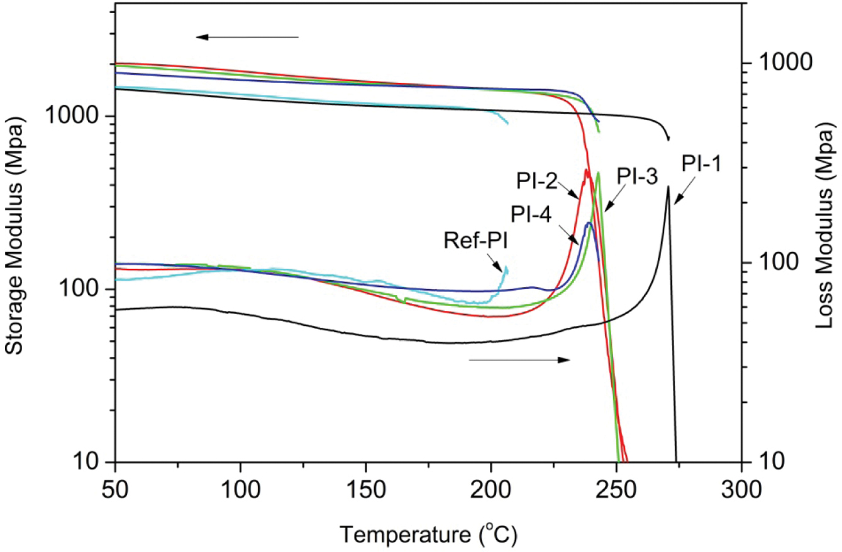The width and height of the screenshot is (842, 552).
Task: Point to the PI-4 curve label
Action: pos(531,215)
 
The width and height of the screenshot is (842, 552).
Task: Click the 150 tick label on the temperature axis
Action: pos(365,489)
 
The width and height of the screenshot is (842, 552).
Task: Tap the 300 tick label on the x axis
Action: pos(742,489)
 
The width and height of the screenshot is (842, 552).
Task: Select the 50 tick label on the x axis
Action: pos(115,489)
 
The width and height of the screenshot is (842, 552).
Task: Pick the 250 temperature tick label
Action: pos(616,489)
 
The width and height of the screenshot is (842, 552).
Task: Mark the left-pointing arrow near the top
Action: pos(247,37)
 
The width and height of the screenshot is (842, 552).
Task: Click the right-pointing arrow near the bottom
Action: pos(519,360)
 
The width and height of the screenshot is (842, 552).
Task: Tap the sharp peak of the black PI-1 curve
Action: pos(668,187)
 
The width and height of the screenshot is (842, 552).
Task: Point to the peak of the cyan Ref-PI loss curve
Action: pos(505,267)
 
